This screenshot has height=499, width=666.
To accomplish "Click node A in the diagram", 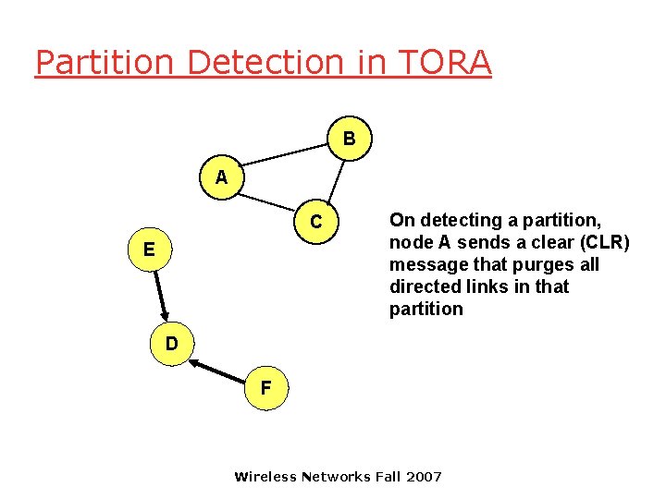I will pos(220,177).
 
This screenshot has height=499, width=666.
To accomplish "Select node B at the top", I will pos(349,140).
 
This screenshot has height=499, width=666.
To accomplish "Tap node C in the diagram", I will pos(316,223).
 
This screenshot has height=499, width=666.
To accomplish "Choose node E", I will pos(149,249).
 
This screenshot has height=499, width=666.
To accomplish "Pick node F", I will pos(265,388).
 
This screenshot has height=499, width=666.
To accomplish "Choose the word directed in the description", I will pos(424,286).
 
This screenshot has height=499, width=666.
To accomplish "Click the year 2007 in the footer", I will pos(424,477).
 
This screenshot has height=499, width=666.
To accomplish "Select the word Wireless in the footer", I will pos(265,477).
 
